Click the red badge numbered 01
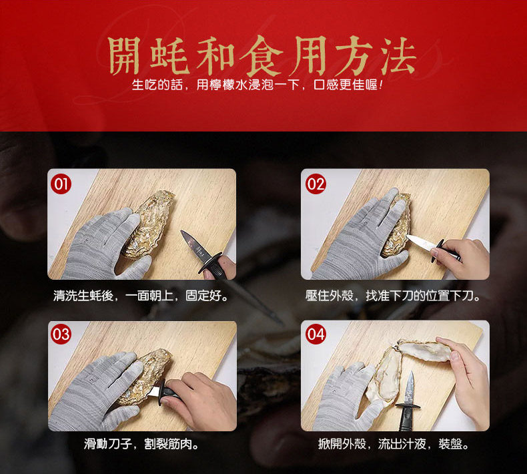[61, 184]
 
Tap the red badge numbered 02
[316, 184]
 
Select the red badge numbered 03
[61, 334]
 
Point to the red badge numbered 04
[316, 334]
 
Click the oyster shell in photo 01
[149, 224]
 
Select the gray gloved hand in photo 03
[96, 392]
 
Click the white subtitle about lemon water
[257, 84]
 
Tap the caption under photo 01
[141, 296]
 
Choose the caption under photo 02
[394, 296]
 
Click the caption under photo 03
[141, 444]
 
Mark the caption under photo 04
[394, 444]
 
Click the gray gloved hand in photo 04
[346, 397]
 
